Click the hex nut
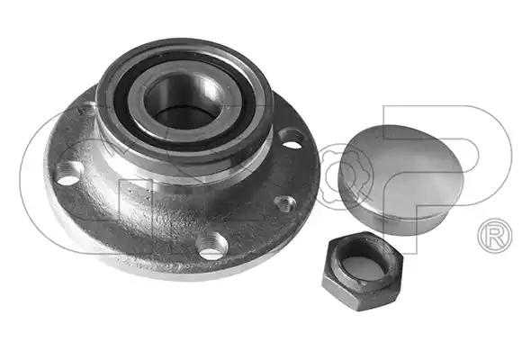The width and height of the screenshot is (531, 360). tap(363, 271)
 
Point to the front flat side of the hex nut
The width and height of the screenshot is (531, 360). tap(342, 292)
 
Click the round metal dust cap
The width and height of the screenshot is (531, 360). tap(401, 179)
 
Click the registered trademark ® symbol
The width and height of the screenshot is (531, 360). tap(495, 236)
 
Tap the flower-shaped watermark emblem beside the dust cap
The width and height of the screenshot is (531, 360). tap(334, 176)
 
